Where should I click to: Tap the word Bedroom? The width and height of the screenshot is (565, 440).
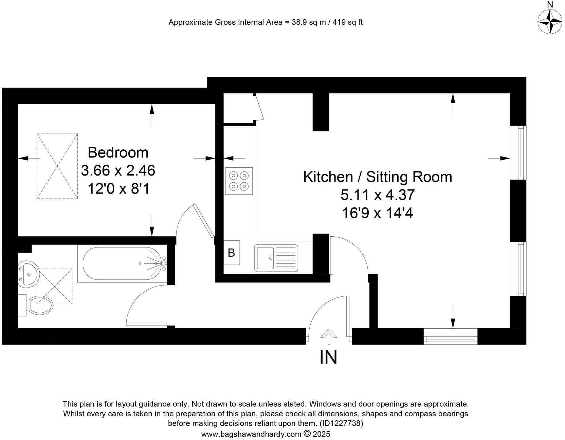(x=118, y=152)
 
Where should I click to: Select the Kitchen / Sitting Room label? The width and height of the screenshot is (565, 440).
(x=377, y=177)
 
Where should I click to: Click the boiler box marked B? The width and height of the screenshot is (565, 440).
(x=232, y=253)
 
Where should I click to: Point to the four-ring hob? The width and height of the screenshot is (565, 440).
(x=238, y=181)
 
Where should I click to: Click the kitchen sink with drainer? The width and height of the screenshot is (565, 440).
(x=276, y=258)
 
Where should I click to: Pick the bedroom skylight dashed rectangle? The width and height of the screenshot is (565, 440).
(x=57, y=166)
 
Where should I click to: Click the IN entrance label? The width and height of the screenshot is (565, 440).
(x=328, y=357)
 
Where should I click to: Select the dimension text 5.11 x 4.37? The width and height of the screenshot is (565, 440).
(x=377, y=195)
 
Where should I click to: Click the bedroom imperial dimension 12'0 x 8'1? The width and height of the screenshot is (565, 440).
(x=118, y=188)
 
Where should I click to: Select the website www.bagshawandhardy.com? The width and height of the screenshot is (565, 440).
(x=251, y=434)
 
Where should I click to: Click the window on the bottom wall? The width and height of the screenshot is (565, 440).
(x=450, y=336)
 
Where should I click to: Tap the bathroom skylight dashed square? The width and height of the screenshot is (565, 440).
(x=55, y=286)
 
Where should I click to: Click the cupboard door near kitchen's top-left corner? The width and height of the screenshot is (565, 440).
(x=260, y=107)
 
